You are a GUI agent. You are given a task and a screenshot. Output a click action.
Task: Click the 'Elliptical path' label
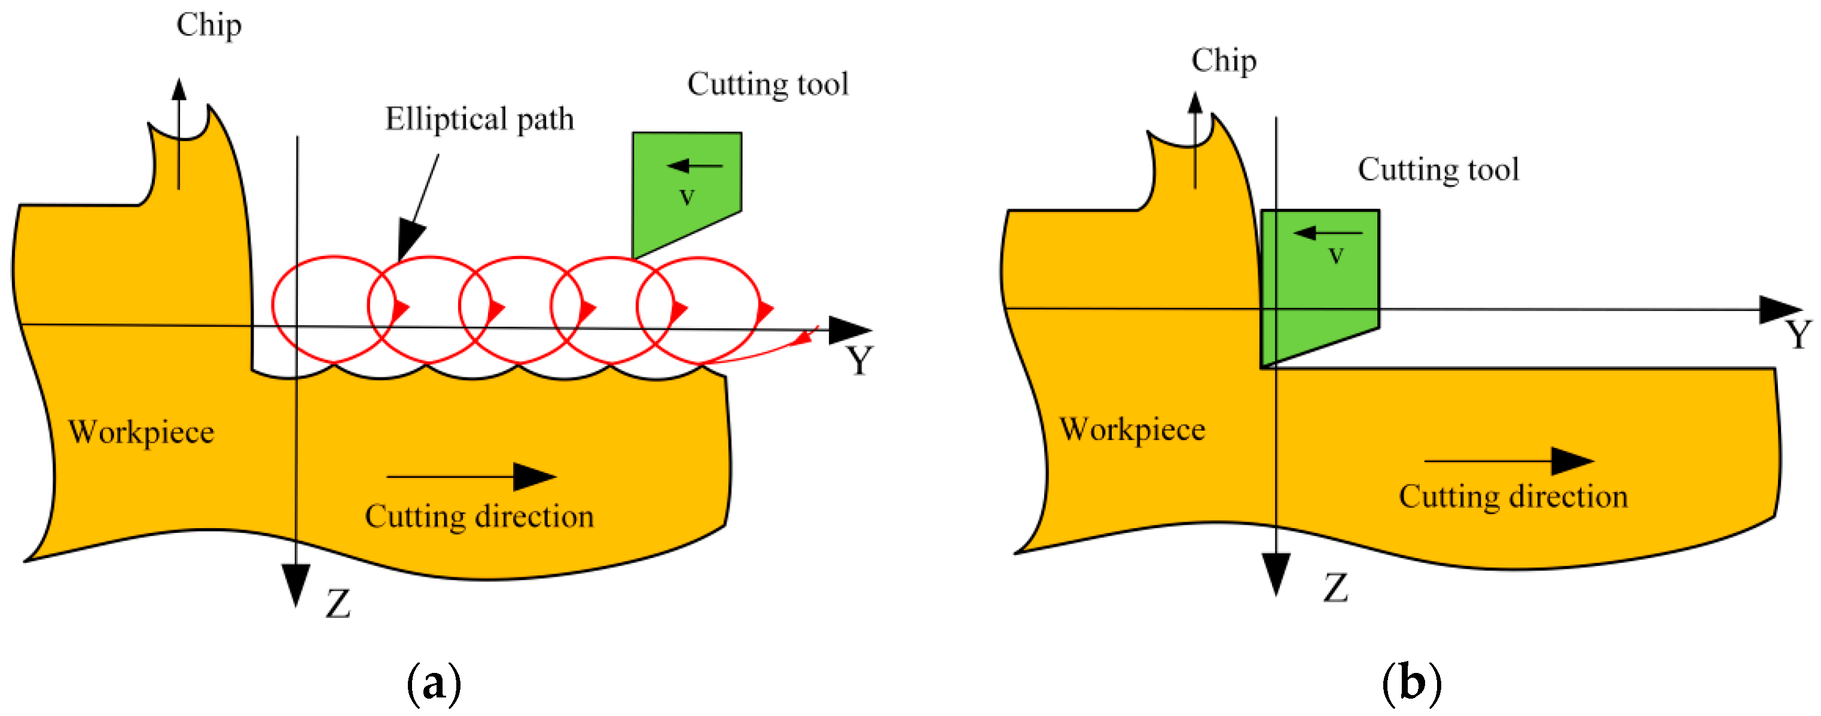[x=479, y=119]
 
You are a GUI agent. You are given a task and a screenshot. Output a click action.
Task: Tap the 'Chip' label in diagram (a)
[x=209, y=26]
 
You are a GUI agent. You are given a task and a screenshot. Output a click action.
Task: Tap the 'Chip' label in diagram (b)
[x=1224, y=61]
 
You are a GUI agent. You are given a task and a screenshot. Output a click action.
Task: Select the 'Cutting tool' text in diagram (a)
[x=767, y=84]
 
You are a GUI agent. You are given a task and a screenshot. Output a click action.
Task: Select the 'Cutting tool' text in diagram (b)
[x=1438, y=170]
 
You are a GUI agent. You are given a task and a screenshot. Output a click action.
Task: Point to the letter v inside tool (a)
[x=687, y=196]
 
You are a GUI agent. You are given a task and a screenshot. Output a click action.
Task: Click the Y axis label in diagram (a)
[x=859, y=361]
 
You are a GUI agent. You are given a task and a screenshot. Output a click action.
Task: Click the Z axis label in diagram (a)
[x=338, y=604]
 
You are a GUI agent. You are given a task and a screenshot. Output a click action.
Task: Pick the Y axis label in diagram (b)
[x=1798, y=334]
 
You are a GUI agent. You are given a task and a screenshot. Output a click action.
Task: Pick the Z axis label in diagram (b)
[x=1335, y=588]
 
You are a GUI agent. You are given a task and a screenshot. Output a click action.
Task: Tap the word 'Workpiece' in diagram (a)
[x=141, y=432]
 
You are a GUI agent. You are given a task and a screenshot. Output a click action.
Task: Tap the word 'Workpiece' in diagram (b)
[x=1131, y=429]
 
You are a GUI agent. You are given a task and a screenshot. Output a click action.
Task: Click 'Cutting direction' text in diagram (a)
[x=478, y=517]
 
